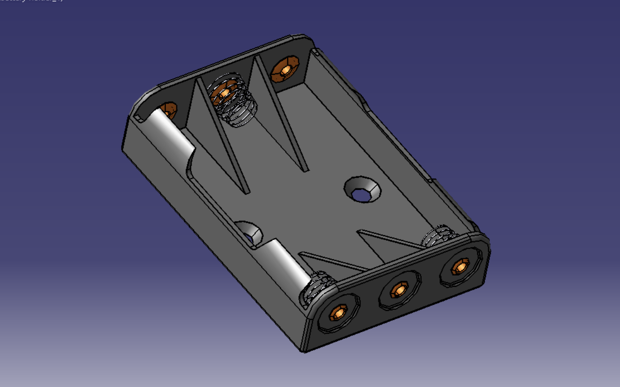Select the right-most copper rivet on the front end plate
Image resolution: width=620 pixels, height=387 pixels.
pos(461,266)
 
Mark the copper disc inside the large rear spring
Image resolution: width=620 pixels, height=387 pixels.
pos(223,93)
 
